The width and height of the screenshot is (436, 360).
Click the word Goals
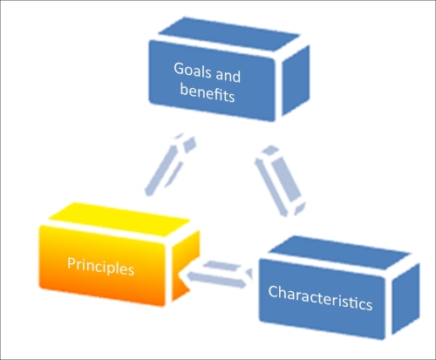[192, 71]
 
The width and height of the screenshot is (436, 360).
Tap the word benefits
[208, 92]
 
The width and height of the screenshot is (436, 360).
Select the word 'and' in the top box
[228, 76]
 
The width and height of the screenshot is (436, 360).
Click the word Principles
[100, 266]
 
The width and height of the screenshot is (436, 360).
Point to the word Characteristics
[320, 298]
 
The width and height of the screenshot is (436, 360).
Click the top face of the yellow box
[119, 219]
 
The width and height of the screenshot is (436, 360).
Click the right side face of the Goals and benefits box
[296, 80]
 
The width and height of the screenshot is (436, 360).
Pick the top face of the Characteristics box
[339, 252]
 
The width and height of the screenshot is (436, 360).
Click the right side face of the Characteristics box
[405, 298]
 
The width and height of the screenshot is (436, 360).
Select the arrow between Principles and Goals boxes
[170, 165]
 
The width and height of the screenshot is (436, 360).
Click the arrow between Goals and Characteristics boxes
[281, 181]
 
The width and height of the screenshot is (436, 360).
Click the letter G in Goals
[180, 69]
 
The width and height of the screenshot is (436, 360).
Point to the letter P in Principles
[72, 263]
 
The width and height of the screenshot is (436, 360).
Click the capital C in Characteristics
[274, 291]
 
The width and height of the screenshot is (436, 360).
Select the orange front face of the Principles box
[102, 266]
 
